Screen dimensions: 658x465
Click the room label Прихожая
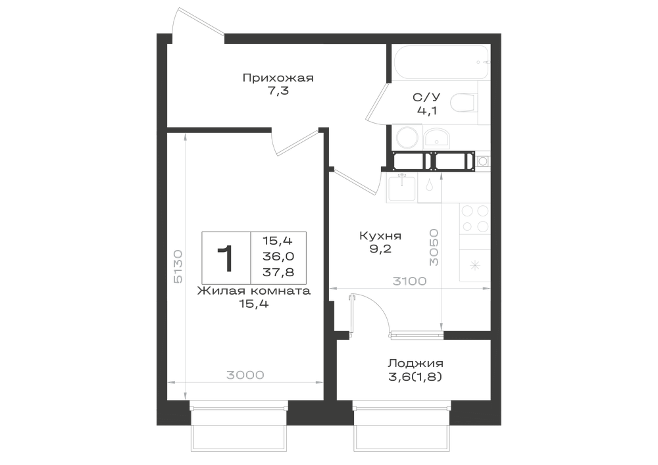pyautogui.click(x=278, y=78)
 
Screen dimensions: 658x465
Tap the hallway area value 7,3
pyautogui.click(x=278, y=91)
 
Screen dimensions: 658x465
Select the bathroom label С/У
pyautogui.click(x=426, y=98)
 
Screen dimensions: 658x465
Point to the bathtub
pyautogui.click(x=442, y=62)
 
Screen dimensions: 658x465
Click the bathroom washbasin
pyautogui.click(x=436, y=138)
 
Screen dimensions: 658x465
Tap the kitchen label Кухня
pyautogui.click(x=380, y=236)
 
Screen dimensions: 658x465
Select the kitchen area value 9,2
pyautogui.click(x=380, y=249)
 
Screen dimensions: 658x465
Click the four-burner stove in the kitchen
pyautogui.click(x=476, y=218)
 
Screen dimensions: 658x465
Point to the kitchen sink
pyautogui.click(x=402, y=189)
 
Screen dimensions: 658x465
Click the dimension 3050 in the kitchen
pyautogui.click(x=434, y=247)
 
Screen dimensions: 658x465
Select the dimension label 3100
pyautogui.click(x=409, y=281)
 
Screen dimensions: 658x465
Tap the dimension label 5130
pyautogui.click(x=178, y=266)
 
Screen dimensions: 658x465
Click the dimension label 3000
pyautogui.click(x=245, y=375)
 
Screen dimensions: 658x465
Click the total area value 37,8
pyautogui.click(x=278, y=272)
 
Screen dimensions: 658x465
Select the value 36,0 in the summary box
pyautogui.click(x=278, y=257)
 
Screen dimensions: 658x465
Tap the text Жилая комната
pyautogui.click(x=254, y=291)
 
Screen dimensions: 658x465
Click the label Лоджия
pyautogui.click(x=415, y=364)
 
